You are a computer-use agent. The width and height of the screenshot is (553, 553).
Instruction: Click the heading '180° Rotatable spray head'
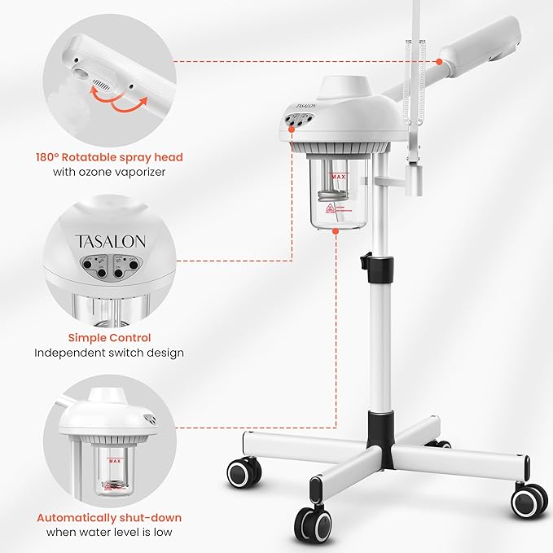click(x=108, y=157)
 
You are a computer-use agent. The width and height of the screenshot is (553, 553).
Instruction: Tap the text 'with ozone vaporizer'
click(x=108, y=173)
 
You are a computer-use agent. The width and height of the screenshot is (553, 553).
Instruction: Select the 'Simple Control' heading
click(x=108, y=337)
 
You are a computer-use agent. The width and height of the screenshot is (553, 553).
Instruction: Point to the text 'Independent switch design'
click(x=108, y=353)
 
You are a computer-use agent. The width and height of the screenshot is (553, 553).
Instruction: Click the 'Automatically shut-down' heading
click(x=108, y=517)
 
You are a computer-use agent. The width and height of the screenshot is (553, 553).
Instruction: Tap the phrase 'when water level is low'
click(x=108, y=533)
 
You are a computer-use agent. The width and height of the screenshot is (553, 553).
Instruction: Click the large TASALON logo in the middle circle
click(x=111, y=242)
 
